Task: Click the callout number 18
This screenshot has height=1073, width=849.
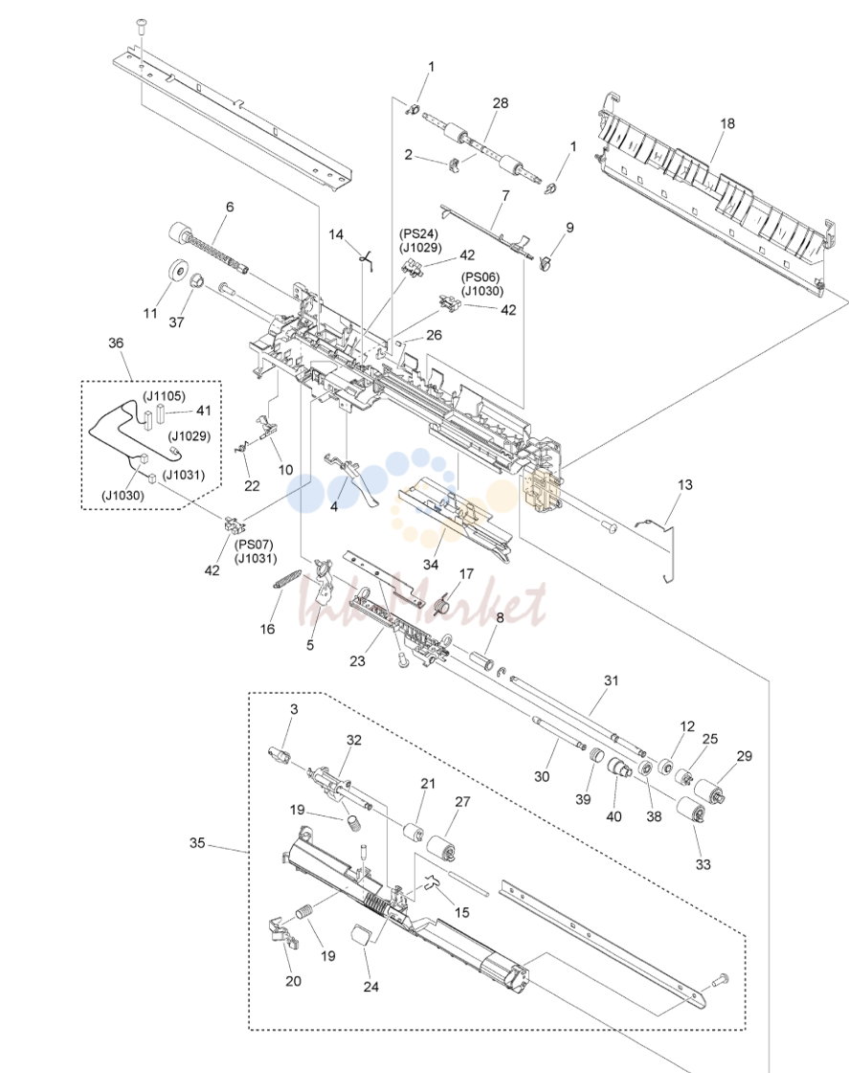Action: [x=727, y=123]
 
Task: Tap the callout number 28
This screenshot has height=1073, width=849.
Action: [x=500, y=102]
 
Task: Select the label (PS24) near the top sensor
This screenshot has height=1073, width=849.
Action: [x=418, y=235]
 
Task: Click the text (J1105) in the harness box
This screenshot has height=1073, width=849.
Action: [x=164, y=395]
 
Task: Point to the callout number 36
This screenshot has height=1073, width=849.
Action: [x=117, y=343]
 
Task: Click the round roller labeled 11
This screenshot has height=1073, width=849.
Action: [x=177, y=271]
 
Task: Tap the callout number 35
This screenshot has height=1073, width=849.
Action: [x=197, y=842]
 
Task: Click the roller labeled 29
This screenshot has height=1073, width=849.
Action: [x=708, y=791]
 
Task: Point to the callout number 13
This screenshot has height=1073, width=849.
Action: [x=684, y=484]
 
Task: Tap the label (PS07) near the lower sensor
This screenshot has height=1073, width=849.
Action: [x=254, y=545]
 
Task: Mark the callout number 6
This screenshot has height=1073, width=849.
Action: [x=230, y=207]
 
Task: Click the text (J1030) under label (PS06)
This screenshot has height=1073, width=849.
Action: [x=480, y=291]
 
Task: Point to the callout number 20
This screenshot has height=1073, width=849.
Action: [x=293, y=980]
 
